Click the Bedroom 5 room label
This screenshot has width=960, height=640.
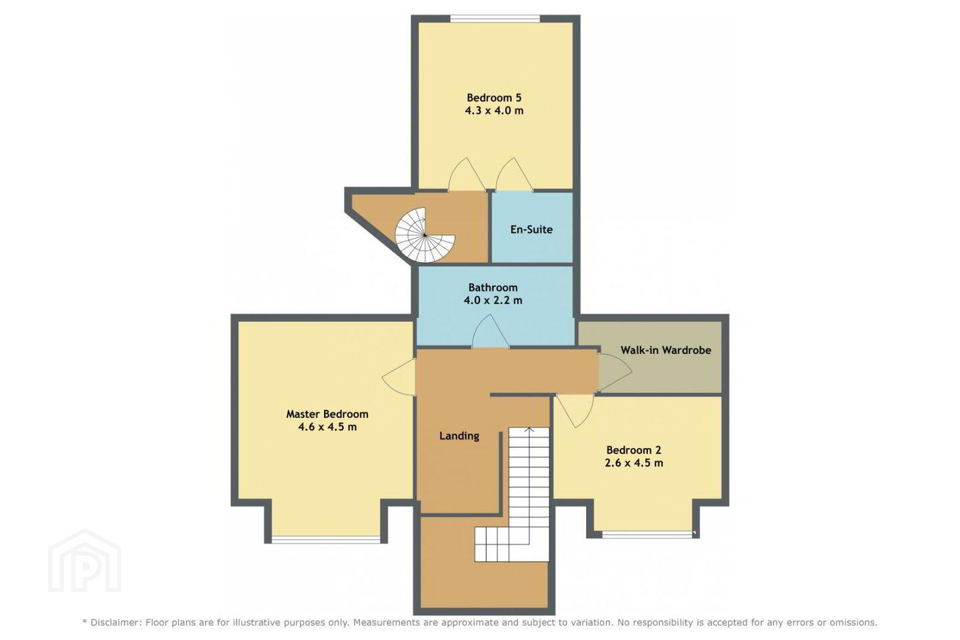(494, 98)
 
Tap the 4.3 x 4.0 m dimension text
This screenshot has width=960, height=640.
(494, 111)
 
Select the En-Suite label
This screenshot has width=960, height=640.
(531, 229)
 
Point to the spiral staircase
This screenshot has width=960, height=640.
(424, 235)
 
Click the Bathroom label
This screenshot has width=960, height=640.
(493, 287)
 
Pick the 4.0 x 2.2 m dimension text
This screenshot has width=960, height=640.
(493, 300)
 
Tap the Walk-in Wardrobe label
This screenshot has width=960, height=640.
(666, 350)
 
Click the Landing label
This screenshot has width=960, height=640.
(459, 436)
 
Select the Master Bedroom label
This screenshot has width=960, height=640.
(327, 414)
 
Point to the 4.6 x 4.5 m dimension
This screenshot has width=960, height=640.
(327, 427)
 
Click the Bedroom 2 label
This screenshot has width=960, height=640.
(634, 450)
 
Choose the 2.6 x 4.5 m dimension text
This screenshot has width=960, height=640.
(634, 463)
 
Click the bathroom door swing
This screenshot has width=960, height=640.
(491, 331)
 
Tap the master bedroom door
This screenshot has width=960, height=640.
(399, 377)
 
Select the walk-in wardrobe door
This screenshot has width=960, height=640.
(615, 372)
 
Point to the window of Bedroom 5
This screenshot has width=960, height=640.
(495, 19)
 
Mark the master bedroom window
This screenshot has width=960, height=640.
(326, 540)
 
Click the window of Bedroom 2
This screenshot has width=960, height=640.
(647, 534)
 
